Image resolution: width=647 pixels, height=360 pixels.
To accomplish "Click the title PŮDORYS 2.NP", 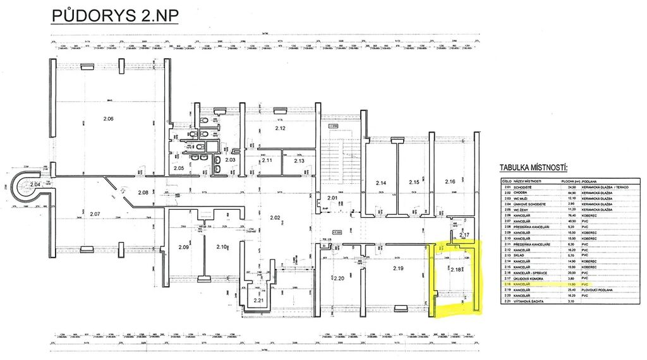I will [x=114, y=15].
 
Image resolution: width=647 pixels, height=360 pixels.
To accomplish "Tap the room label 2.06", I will [x=108, y=119].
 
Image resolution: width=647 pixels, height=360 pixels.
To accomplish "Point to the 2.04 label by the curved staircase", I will [x=35, y=184].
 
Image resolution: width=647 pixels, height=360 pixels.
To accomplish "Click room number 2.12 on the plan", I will [x=280, y=129].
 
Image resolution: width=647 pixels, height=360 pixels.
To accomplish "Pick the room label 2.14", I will [x=381, y=183].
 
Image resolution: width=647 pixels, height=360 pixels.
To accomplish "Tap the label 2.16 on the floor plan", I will [x=450, y=182].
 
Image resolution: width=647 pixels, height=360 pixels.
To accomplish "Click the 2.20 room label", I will [x=338, y=279].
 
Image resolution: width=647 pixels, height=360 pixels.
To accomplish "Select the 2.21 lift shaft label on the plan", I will [x=258, y=300].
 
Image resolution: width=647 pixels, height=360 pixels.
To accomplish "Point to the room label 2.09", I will [x=183, y=247].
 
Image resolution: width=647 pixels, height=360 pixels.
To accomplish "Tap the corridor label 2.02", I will [x=275, y=218].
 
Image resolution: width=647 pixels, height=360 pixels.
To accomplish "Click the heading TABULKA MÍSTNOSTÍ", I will [x=533, y=167].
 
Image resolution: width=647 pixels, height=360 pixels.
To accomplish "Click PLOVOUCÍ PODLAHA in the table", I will [x=595, y=290].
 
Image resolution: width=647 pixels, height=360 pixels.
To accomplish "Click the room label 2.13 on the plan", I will [x=299, y=160].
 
